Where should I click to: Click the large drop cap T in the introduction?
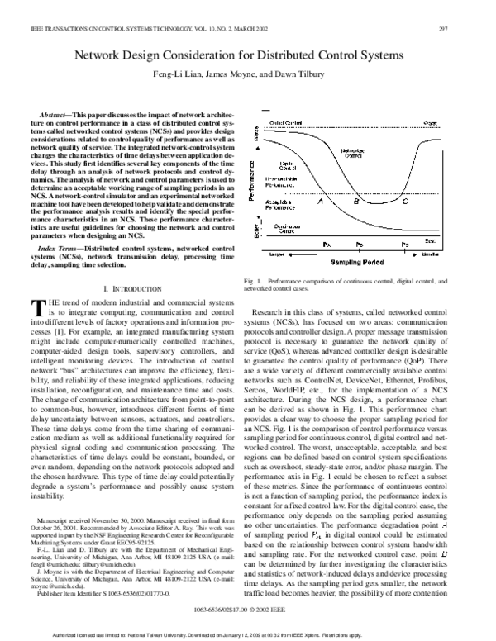(37, 309)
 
